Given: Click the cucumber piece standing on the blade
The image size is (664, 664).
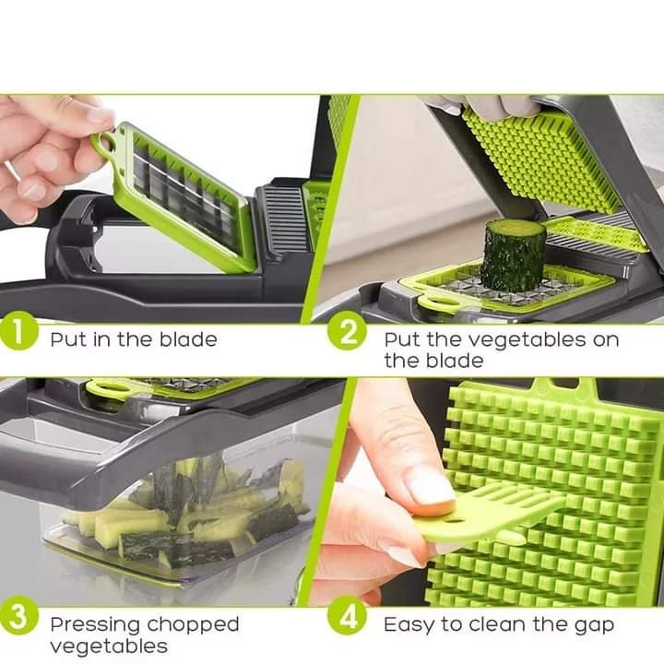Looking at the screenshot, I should (509, 255).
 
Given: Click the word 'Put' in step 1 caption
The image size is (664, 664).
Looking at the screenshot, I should (66, 338).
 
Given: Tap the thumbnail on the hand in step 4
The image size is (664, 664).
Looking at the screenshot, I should (430, 485).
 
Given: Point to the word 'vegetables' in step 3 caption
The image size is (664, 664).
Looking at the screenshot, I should (109, 646).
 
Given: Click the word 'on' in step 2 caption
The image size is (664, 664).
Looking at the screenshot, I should (606, 340).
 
